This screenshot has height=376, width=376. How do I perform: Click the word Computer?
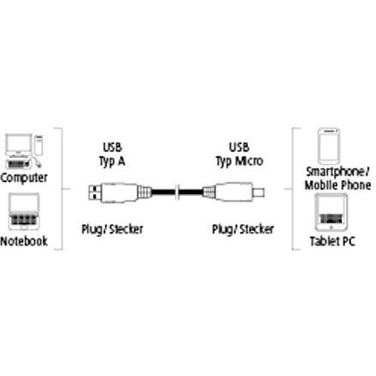coord(24,178)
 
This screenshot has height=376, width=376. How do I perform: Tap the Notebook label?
coord(24,241)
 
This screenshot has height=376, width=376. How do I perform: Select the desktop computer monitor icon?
coord(19,145)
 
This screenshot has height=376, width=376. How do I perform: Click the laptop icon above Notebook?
coord(24,211)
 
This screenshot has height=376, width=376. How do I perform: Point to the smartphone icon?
coord(329,147)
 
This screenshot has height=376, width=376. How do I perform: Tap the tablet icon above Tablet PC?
coord(331,212)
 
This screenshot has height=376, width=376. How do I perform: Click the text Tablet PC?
coord(332,241)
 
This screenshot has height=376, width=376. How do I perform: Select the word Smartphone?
coord(336,172)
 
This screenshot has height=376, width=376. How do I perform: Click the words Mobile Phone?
coord(337,185)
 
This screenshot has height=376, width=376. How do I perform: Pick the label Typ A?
coord(112,161)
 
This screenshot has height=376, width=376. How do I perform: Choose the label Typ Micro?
coord(240,161)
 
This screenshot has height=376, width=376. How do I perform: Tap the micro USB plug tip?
coord(258,192)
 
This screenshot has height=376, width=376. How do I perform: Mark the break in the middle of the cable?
coord(178,191)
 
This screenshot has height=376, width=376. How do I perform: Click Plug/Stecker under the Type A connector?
coord(112,229)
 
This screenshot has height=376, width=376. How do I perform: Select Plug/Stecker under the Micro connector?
coord(243,229)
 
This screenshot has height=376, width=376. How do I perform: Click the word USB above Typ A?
coord(112,148)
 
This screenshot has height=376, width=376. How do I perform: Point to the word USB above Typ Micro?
coord(239,148)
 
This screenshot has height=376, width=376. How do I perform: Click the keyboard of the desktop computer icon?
coord(19,164)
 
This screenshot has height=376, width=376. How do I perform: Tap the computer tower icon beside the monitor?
coord(39,145)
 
